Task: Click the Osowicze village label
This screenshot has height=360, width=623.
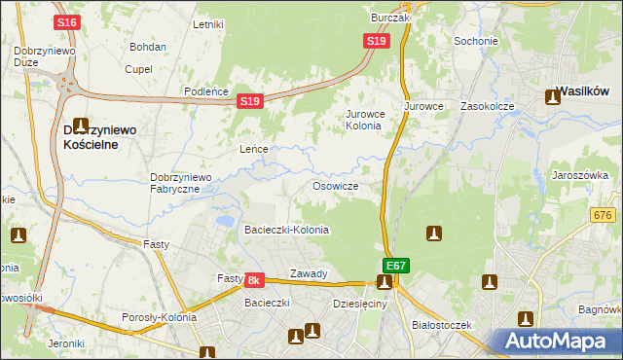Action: tap(336, 186)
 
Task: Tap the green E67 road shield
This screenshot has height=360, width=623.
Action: tap(395, 265)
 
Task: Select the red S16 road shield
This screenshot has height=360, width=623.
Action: tap(66, 22)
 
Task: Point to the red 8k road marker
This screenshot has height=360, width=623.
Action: tap(253, 280)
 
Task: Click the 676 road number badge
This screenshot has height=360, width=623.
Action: tap(604, 215)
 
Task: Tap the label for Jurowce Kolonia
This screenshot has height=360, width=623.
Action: tap(364, 120)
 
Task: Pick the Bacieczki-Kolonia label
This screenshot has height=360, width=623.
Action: tap(286, 230)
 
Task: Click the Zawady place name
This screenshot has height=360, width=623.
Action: tap(309, 273)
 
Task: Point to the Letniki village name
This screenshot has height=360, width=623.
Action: tap(208, 24)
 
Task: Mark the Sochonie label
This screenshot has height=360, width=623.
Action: tap(476, 42)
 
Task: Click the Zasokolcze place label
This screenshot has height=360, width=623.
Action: tap(487, 105)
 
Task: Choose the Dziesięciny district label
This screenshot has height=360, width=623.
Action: tap(359, 304)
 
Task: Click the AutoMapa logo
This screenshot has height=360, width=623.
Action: tap(557, 342)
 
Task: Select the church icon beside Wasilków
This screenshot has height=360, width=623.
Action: tap(553, 96)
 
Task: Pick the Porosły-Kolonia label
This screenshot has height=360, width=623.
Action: tap(159, 317)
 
